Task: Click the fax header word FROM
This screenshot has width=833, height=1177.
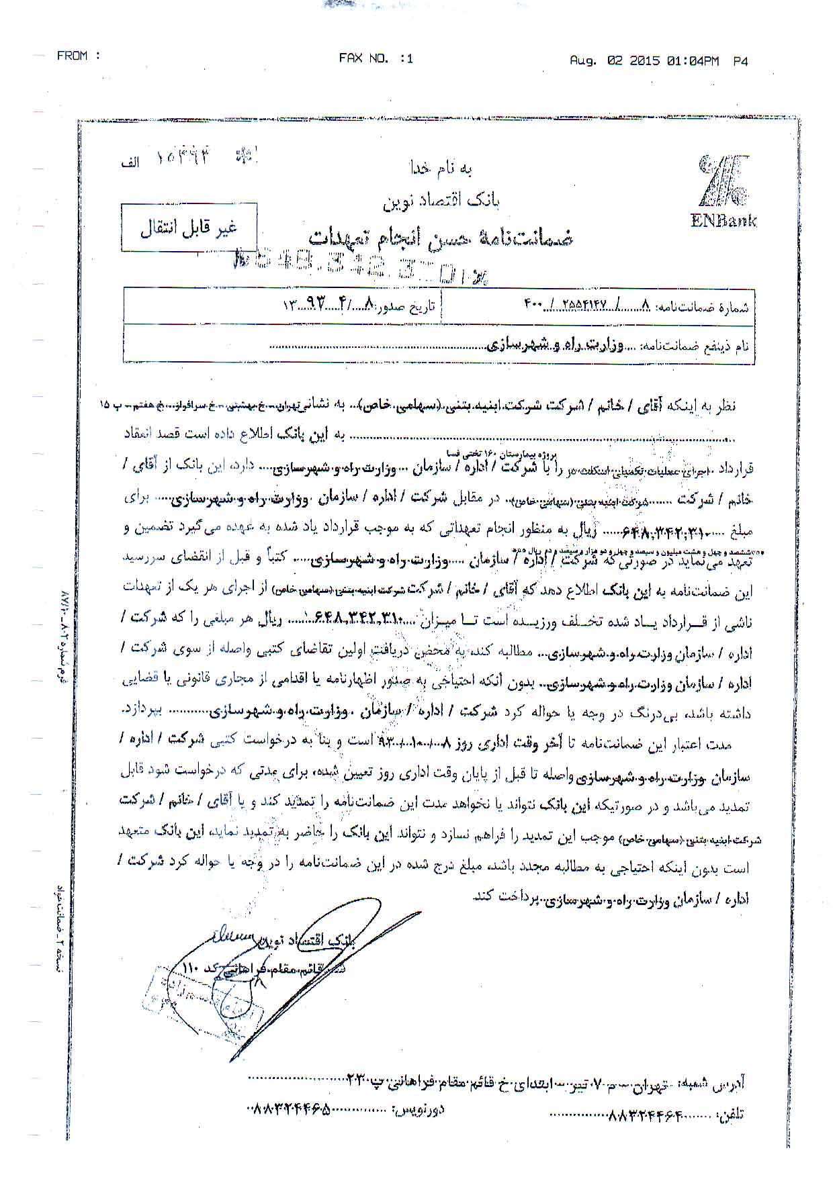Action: pyautogui.click(x=73, y=56)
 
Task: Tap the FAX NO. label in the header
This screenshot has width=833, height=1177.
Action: pyautogui.click(x=363, y=58)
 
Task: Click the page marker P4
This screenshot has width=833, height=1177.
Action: pyautogui.click(x=740, y=61)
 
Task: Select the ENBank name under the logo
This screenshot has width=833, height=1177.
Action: pyautogui.click(x=723, y=221)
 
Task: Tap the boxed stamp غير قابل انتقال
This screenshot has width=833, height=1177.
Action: pyautogui.click(x=189, y=228)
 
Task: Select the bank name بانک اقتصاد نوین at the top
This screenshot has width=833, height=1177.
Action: pyautogui.click(x=441, y=199)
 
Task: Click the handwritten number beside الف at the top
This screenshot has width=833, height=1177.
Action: pyautogui.click(x=183, y=158)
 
